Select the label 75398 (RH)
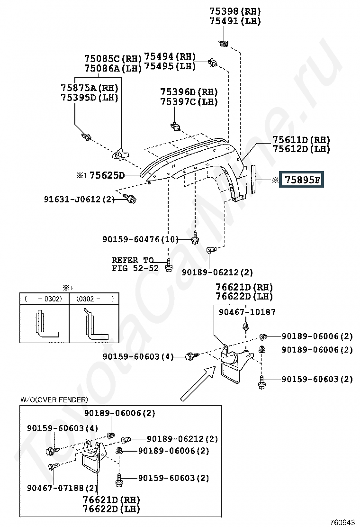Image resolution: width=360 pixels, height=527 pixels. coord(235,11)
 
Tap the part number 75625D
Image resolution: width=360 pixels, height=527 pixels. coord(107,175)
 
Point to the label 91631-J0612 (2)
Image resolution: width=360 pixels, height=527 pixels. coord(79,200)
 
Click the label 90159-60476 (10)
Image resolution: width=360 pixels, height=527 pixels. coord(141,239)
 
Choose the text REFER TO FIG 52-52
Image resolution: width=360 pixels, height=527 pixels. coord(135,264)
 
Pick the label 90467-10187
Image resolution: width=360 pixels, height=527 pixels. coord(247,312)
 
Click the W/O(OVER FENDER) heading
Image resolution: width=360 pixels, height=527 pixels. coord(54,400)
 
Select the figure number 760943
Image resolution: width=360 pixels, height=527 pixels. coord(342,522)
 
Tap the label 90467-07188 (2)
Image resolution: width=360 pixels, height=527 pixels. coord(63,488)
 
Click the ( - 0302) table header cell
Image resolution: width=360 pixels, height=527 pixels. coord(44,299)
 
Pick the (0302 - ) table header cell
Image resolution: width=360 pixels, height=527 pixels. coord(94,299)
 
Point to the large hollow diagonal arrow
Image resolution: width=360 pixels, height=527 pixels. coord(198,384)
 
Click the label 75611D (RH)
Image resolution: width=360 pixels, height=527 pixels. coord(301,139)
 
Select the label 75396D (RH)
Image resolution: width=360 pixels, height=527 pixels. coord(189,92)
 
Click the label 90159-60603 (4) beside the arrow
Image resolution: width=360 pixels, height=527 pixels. coord(138,356)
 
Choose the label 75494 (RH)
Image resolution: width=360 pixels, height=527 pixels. coord(170,56)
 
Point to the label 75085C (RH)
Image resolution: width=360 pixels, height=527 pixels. coord(113,59)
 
